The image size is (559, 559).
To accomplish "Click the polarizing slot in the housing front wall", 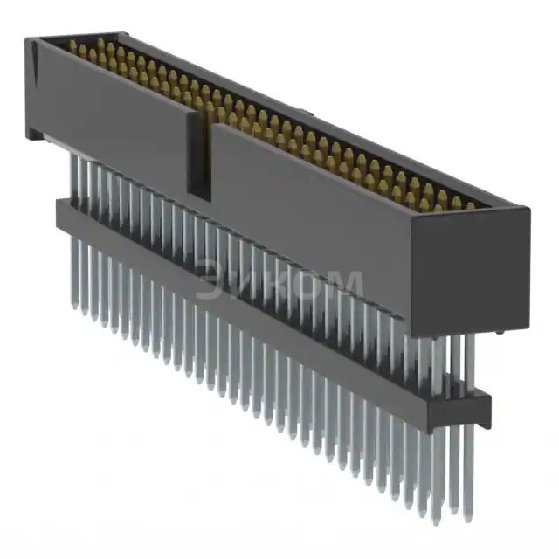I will (200, 157).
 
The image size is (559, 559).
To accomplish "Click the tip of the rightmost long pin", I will (468, 515).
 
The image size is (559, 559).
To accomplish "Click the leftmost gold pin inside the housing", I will (72, 47).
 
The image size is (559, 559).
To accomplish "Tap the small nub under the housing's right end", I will (498, 333).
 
